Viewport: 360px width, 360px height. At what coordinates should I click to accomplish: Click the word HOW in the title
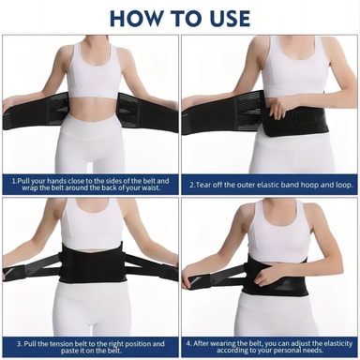[135, 19]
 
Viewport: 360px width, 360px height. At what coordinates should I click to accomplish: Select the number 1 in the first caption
[13, 181]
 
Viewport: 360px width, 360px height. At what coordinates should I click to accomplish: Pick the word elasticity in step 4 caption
[338, 343]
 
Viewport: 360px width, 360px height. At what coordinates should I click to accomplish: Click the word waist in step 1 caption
[152, 188]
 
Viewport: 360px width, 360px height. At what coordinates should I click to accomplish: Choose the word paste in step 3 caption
[69, 351]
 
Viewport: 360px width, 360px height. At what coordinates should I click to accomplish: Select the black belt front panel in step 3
[91, 264]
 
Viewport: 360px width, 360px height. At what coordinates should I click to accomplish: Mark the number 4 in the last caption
[188, 343]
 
